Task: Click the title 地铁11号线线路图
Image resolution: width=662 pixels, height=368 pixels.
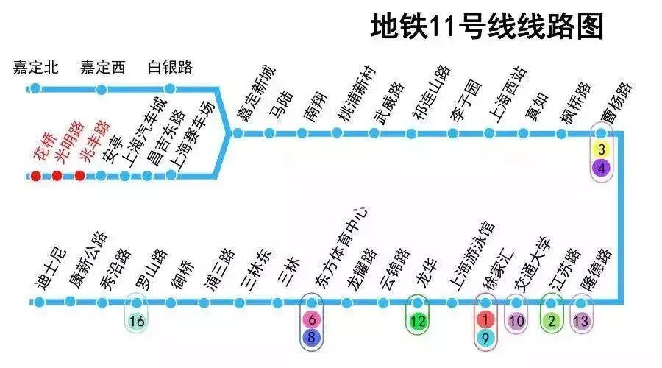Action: (x=487, y=26)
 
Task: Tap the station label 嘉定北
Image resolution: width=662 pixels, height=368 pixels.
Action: (x=35, y=68)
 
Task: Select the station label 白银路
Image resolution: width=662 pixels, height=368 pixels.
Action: (x=170, y=68)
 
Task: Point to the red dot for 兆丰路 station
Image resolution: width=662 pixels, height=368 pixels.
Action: (x=79, y=176)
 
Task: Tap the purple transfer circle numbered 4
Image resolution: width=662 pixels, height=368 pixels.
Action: (x=602, y=168)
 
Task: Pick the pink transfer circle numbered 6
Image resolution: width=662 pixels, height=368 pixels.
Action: (x=312, y=320)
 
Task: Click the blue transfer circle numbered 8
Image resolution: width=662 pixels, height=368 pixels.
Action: (x=312, y=338)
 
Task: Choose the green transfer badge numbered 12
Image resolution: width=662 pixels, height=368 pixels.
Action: (x=418, y=321)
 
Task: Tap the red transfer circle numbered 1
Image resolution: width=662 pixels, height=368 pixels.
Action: (x=485, y=320)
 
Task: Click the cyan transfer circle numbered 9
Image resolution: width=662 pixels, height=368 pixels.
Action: (x=485, y=338)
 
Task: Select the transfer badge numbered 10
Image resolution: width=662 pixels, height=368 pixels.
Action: (x=517, y=321)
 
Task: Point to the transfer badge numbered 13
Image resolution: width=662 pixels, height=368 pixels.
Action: (x=581, y=321)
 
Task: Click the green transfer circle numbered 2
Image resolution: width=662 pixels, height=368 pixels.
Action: (x=551, y=321)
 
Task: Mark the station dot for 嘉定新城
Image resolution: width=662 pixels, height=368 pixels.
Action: (x=237, y=133)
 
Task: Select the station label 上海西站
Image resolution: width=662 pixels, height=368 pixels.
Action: (x=509, y=93)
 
